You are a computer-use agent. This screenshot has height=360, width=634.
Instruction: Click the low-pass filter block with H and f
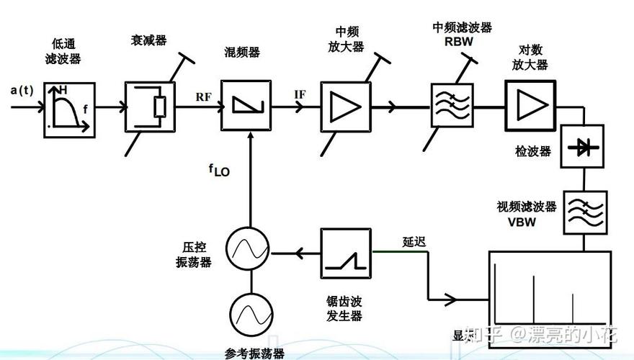point(69,107)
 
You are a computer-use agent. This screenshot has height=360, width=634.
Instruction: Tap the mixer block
point(248,106)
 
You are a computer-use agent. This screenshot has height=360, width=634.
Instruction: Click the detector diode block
point(581,147)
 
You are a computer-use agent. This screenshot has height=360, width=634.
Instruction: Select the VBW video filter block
point(584,212)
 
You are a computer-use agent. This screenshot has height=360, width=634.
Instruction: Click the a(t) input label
point(22,90)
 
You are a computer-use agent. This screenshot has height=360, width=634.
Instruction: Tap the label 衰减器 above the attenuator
point(148,41)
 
